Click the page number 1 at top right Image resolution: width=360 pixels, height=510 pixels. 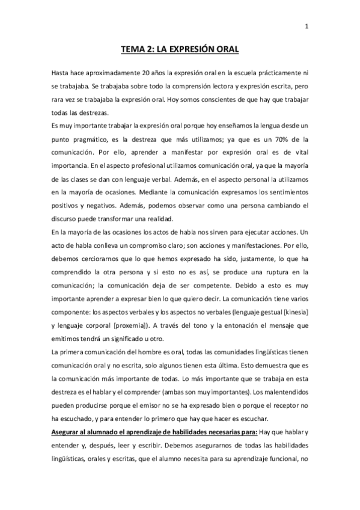coord(307,26)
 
